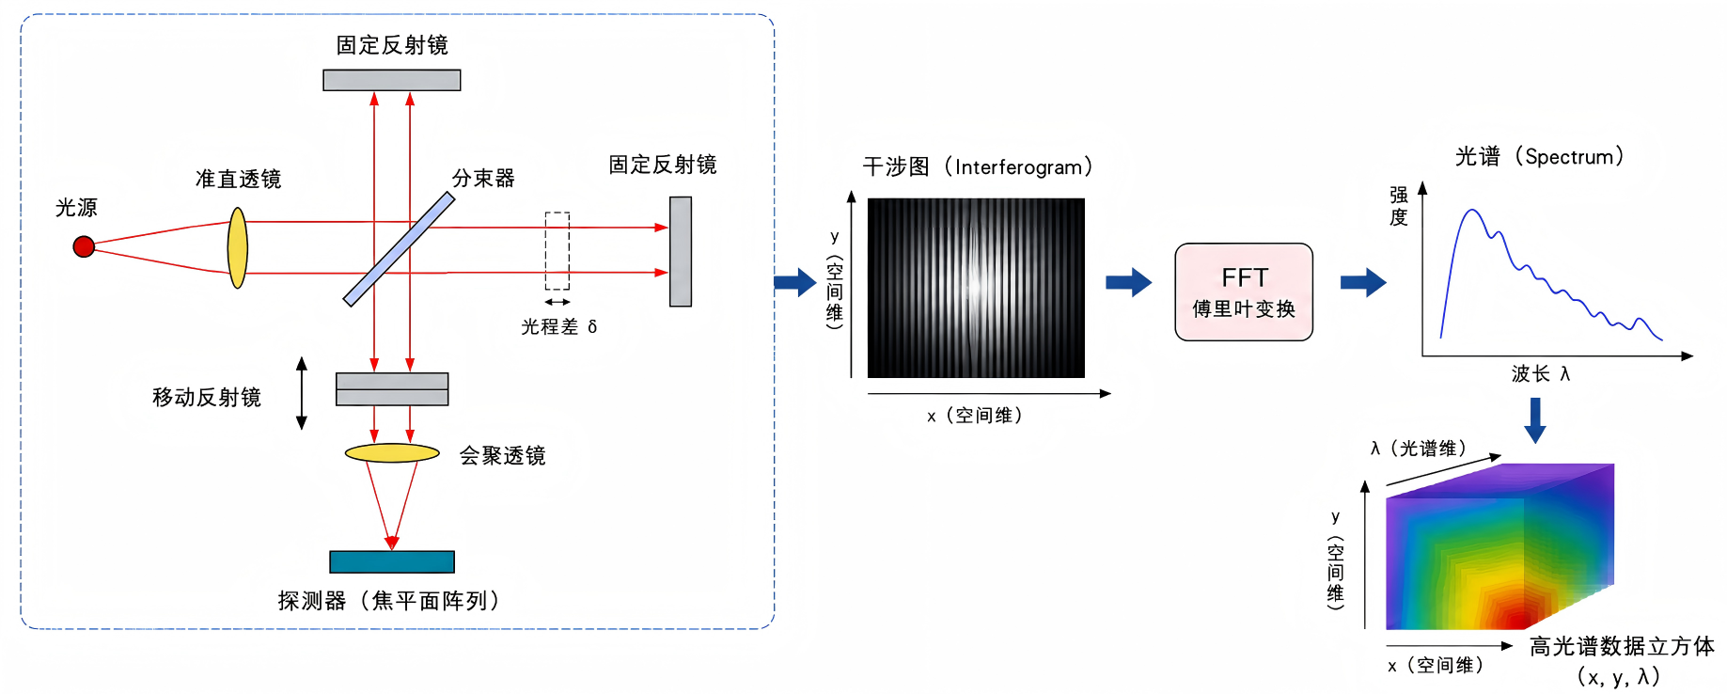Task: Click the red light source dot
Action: point(84,246)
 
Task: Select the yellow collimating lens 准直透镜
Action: point(238,248)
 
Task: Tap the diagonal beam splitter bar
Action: point(399,249)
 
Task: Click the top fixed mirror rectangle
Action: point(392,81)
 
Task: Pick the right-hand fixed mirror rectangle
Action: point(681,251)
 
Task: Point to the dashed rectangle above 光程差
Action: point(557,251)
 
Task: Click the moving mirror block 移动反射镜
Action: point(392,389)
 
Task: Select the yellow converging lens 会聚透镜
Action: point(392,453)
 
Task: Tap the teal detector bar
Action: point(392,561)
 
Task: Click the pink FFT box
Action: point(1244,292)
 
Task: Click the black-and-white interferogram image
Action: point(976,288)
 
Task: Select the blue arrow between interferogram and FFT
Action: point(1128,282)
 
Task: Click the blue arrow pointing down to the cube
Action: point(1535,420)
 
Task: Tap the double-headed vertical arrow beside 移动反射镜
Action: point(302,393)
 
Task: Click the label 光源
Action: point(76,207)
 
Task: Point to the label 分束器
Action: point(483,178)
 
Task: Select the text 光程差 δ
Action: point(559,326)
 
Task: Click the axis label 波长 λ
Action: point(1541,373)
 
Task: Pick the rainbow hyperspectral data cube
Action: point(1499,546)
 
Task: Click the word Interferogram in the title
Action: point(1018,167)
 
